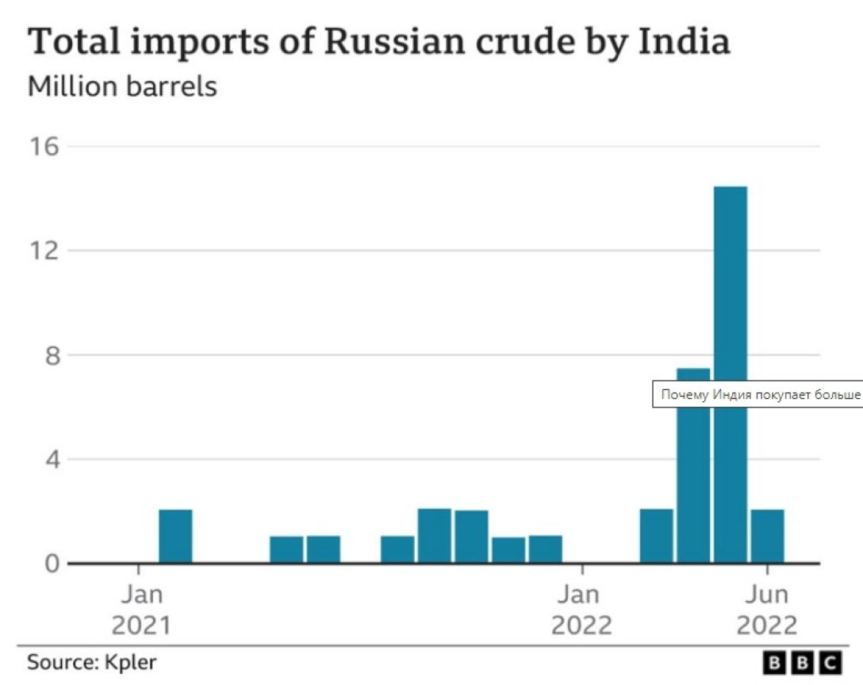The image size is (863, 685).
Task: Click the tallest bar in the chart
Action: point(730,373)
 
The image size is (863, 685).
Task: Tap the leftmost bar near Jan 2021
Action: point(175,536)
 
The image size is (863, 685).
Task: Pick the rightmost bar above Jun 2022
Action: point(767,536)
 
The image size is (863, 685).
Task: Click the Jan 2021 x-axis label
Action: point(140,609)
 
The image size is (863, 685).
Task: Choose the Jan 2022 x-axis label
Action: point(581,609)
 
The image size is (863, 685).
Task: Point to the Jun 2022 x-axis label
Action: point(766,609)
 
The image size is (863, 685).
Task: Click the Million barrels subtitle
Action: point(122,85)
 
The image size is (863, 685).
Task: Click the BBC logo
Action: point(802,662)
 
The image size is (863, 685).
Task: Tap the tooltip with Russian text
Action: point(758,394)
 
